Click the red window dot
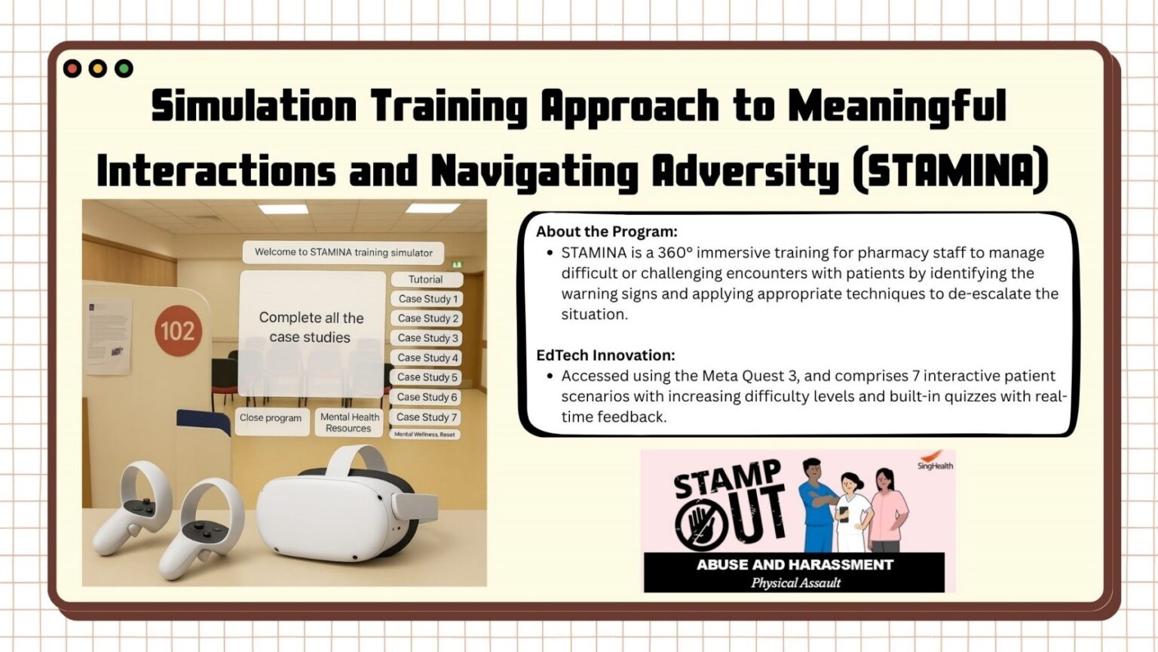pos(72,69)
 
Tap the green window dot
pos(124,69)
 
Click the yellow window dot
pos(98,69)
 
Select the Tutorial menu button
pos(426,279)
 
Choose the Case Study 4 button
pos(427,358)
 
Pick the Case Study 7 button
pos(427,417)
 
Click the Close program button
pos(271,418)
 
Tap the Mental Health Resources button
pos(349,423)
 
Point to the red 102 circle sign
pos(177,331)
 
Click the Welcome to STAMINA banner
pos(343,252)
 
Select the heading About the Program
pos(607,232)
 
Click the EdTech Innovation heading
pos(605,355)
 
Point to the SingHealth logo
pos(935,461)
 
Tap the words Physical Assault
pos(795,583)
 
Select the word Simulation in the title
pos(254,106)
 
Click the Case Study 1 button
pos(427,299)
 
